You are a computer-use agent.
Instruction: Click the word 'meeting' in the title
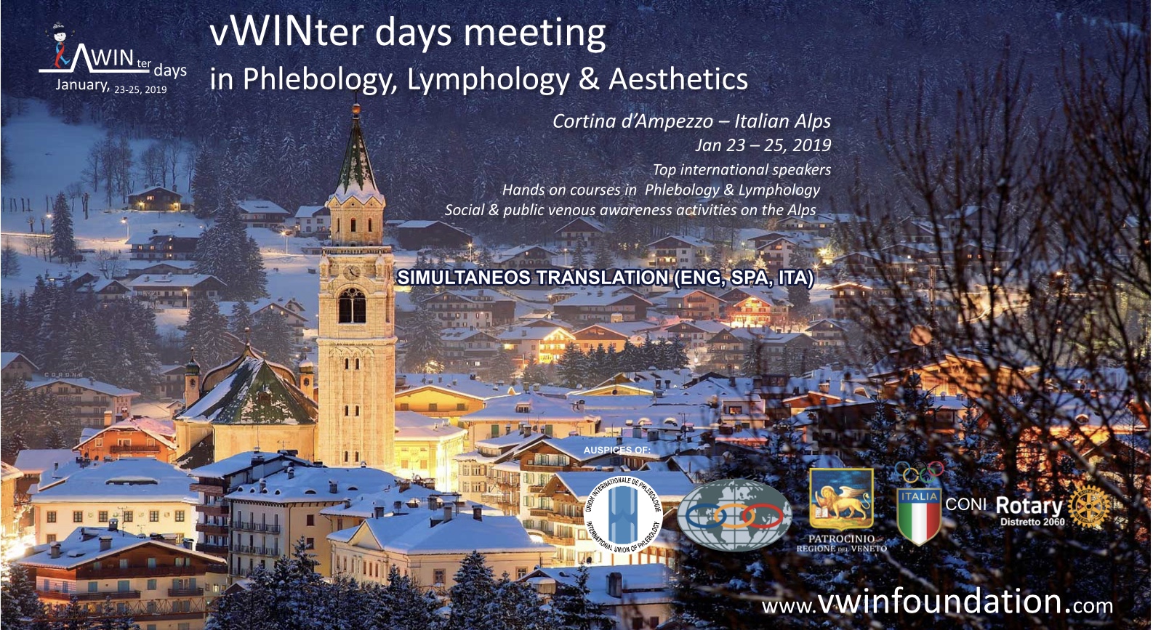tap(535, 34)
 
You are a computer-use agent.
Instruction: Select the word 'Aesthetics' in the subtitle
tap(678, 79)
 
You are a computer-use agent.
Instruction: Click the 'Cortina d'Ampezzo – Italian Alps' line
tap(691, 121)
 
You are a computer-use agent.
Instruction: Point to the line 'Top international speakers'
tap(742, 169)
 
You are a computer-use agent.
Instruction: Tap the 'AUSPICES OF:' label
tap(616, 451)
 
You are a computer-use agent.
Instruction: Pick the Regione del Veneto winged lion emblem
tap(842, 499)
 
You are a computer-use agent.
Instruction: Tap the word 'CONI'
tap(966, 504)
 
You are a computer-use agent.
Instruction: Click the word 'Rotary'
tap(1029, 506)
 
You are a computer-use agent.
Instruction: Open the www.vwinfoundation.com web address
tap(937, 603)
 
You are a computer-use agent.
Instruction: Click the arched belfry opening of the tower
tap(353, 306)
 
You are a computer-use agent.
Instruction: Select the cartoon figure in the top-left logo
tap(60, 45)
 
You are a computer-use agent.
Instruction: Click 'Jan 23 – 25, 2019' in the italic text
tap(763, 145)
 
